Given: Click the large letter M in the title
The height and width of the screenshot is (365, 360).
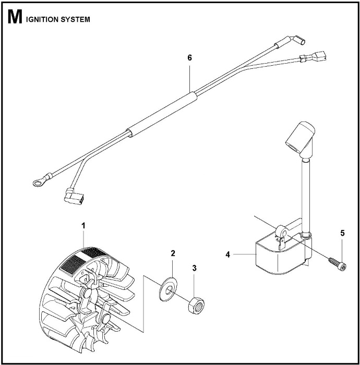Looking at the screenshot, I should pyautogui.click(x=15, y=20).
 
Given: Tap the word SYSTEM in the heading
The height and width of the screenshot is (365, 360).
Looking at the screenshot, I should pyautogui.click(x=76, y=20).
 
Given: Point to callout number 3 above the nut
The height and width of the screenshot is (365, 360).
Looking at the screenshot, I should pyautogui.click(x=194, y=268).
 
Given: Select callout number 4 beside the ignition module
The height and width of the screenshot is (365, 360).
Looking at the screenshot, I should pyautogui.click(x=227, y=255).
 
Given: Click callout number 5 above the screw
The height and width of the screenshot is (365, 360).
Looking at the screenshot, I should pyautogui.click(x=343, y=233).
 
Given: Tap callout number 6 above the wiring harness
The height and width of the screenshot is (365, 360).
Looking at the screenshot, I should pyautogui.click(x=189, y=58).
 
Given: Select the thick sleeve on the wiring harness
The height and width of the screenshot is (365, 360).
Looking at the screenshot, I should pyautogui.click(x=163, y=113).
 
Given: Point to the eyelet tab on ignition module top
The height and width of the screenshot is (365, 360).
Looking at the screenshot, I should pyautogui.click(x=282, y=230).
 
